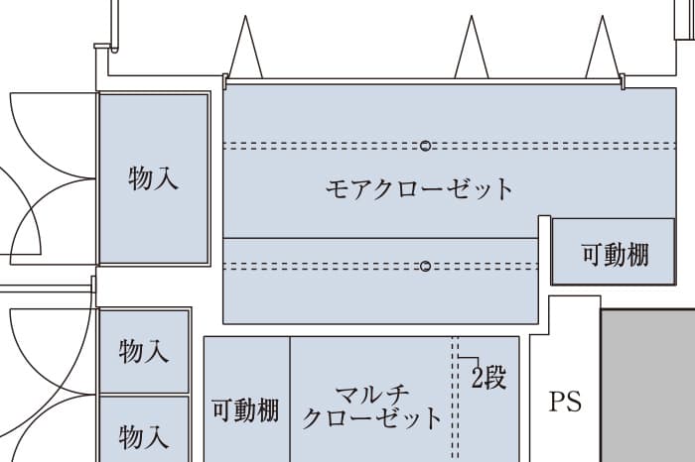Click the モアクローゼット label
[420, 187]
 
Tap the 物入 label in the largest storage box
[154, 178]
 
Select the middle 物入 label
[144, 351]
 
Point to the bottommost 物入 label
[144, 435]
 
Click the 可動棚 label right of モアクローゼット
[616, 255]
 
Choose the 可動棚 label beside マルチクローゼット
[246, 410]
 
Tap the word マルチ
[373, 393]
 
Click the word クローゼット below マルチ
[373, 417]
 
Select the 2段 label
[488, 377]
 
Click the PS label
[565, 403]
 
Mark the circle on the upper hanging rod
[425, 146]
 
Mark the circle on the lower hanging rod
[425, 266]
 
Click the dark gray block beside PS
[647, 387]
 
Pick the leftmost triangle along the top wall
[245, 50]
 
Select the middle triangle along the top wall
[472, 50]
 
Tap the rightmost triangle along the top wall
[603, 50]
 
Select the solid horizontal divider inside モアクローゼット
[377, 238]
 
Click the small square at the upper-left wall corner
[100, 46]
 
